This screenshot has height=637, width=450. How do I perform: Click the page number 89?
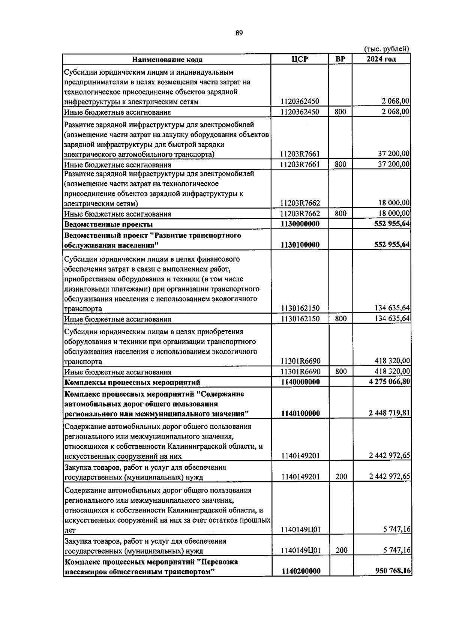click(239, 33)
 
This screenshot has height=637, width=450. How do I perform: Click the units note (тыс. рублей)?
click(387, 49)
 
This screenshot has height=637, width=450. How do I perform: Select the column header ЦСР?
click(300, 59)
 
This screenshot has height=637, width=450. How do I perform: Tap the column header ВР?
click(340, 59)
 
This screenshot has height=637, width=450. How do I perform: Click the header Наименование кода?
click(167, 60)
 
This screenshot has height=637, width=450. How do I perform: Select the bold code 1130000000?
click(300, 224)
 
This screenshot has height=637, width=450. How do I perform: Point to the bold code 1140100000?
click(300, 413)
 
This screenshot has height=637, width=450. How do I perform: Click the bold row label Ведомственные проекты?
click(108, 225)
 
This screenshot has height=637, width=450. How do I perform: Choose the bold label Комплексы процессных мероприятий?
click(132, 382)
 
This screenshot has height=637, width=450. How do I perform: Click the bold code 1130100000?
click(300, 245)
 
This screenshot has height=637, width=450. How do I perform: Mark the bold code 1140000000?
click(300, 382)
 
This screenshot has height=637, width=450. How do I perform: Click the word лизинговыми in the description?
click(85, 289)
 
